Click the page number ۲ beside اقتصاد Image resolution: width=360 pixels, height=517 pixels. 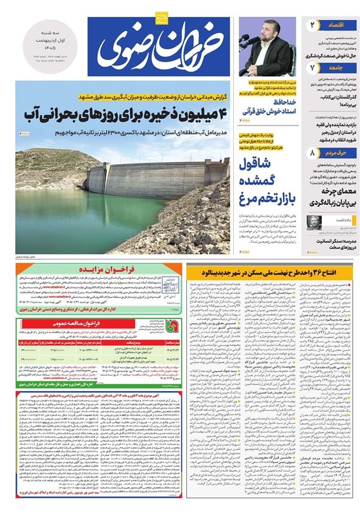click(x=313, y=25)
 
